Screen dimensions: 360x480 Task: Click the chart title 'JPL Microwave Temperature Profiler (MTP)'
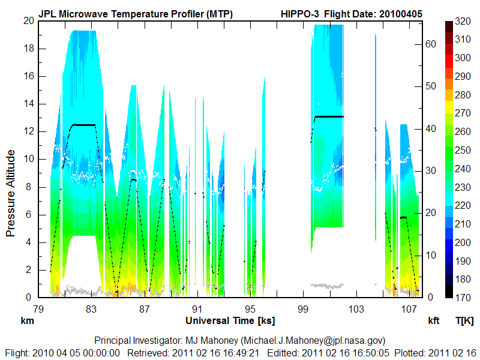click(x=136, y=14)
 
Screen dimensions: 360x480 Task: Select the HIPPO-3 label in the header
click(x=304, y=14)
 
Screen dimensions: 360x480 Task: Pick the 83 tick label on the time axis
click(x=91, y=308)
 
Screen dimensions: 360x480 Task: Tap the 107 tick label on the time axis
click(x=410, y=308)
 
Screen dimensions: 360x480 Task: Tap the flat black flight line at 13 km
click(x=329, y=116)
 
